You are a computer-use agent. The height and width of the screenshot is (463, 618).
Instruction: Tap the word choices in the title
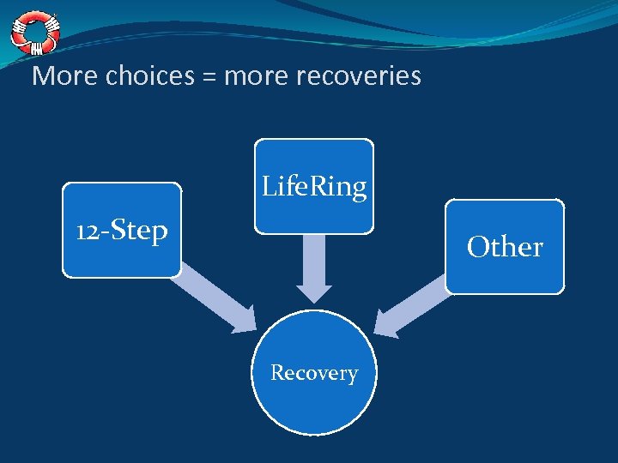[150, 77]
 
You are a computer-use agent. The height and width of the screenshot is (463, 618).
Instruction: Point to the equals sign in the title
[209, 77]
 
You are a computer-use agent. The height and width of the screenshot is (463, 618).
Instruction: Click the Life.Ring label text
[314, 186]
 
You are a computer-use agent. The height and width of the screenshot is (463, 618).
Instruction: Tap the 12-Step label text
[122, 231]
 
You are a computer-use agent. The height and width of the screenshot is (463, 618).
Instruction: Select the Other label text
[505, 247]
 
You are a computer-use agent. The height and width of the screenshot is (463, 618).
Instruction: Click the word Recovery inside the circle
[314, 373]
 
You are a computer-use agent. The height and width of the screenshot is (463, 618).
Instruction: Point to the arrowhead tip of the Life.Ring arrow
[314, 299]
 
